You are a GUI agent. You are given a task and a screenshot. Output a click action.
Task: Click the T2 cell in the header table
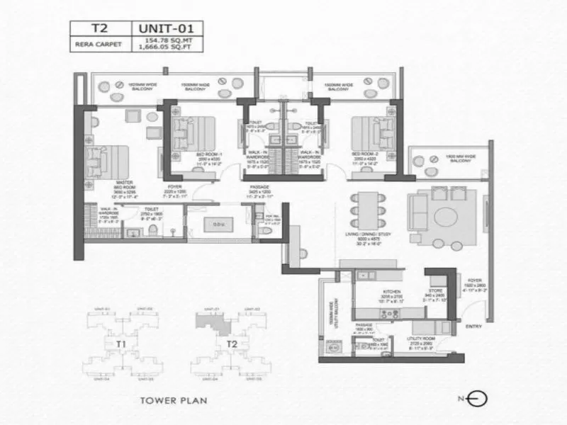tap(100, 29)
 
